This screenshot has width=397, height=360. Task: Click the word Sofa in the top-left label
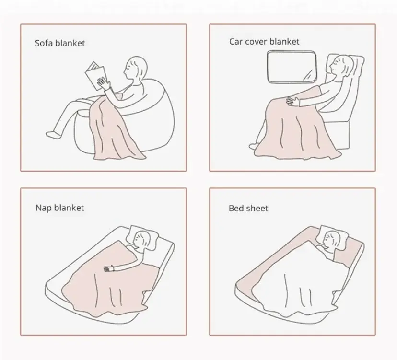[44, 43]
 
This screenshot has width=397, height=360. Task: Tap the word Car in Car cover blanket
[236, 42]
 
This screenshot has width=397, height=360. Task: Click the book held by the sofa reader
[95, 75]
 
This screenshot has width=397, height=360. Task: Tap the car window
[292, 67]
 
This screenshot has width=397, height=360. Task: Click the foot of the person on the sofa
[53, 134]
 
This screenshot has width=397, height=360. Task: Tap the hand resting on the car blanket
[292, 101]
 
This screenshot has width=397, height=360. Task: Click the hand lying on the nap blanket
[109, 268]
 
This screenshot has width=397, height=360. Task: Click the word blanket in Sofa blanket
[70, 43]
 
